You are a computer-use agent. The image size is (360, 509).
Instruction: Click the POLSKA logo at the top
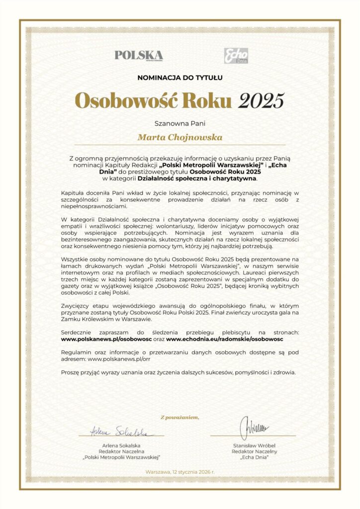138,55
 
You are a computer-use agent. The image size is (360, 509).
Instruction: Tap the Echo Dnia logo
236,56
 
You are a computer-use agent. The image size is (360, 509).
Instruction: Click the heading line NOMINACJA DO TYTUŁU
180,78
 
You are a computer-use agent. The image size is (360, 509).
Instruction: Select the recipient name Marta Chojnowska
180,137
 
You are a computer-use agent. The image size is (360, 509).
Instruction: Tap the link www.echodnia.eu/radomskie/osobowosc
225,339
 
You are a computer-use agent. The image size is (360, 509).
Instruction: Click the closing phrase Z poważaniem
180,417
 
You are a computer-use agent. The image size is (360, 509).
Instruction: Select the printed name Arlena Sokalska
122,445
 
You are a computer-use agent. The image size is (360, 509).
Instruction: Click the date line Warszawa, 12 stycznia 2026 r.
180,471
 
